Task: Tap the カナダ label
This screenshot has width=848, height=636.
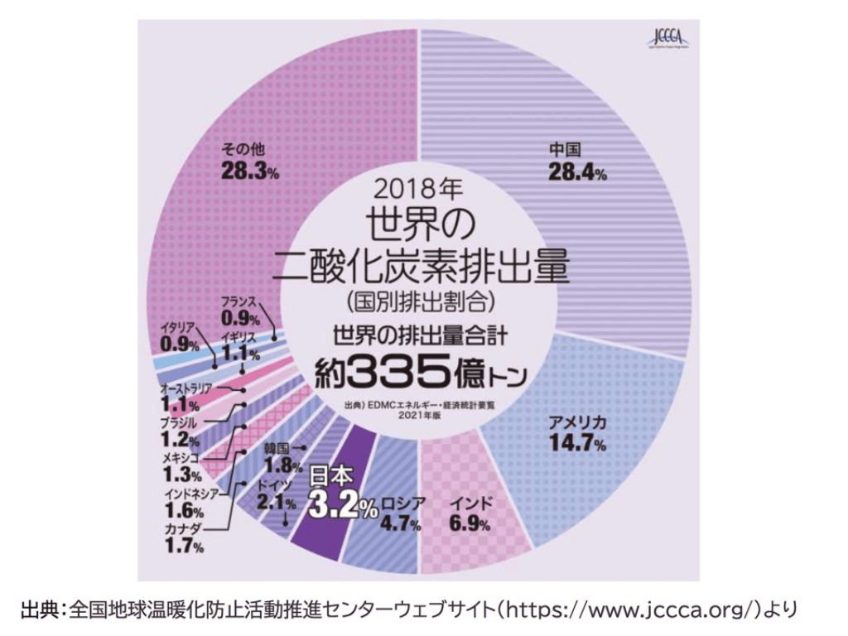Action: click(181, 528)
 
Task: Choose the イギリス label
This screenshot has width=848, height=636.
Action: click(240, 337)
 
